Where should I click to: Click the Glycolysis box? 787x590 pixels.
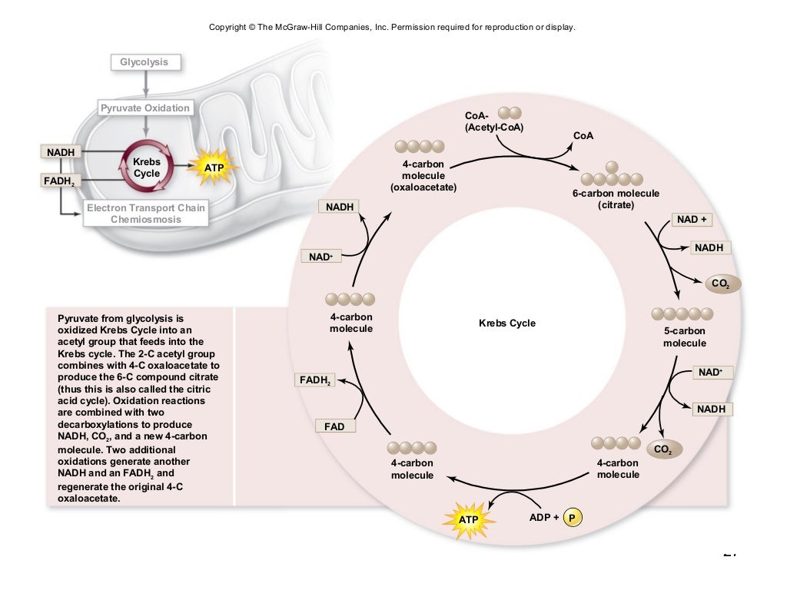[144, 62]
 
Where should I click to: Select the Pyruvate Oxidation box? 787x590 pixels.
[145, 108]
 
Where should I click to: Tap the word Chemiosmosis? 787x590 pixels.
[145, 220]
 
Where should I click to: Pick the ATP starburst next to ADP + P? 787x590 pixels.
[468, 519]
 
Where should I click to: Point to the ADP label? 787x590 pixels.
[541, 518]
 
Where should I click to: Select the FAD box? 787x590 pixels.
[334, 426]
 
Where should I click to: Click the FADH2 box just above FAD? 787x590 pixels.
[315, 380]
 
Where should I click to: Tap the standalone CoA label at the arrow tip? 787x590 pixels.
[583, 136]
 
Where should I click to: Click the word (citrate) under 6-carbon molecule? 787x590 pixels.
[616, 206]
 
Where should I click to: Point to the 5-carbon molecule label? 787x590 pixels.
[684, 336]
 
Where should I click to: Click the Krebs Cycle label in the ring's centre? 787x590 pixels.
[506, 323]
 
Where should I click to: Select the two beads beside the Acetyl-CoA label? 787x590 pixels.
[510, 114]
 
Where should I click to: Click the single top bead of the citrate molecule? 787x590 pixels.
[612, 166]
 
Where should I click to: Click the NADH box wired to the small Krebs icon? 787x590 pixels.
[61, 152]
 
